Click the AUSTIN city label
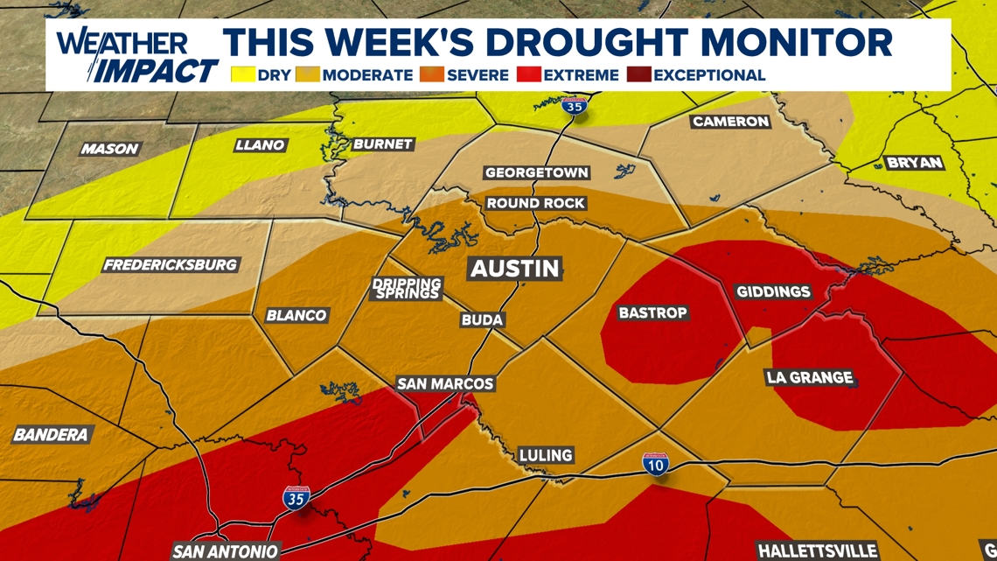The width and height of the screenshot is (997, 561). click(x=515, y=268)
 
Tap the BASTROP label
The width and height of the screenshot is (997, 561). click(x=652, y=312)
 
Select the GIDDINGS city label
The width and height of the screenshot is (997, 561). click(x=773, y=291)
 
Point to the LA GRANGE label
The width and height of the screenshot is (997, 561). click(x=809, y=377)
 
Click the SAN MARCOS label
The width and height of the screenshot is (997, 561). click(x=445, y=383)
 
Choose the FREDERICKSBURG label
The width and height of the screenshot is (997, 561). click(x=171, y=264)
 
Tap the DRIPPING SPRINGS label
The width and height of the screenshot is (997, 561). click(x=407, y=289)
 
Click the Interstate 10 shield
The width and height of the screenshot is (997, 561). click(x=656, y=464)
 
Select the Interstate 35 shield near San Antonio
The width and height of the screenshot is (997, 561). click(x=296, y=498)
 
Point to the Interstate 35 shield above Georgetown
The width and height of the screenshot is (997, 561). click(x=574, y=106)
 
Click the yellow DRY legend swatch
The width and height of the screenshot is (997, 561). click(x=242, y=74)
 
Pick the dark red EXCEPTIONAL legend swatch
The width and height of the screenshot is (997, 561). click(x=639, y=74)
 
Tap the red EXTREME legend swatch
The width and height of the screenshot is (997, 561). click(x=529, y=74)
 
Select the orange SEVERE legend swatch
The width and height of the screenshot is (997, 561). click(x=432, y=74)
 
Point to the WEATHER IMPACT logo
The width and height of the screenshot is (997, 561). click(x=136, y=56)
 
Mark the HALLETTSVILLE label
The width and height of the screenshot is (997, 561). click(x=817, y=551)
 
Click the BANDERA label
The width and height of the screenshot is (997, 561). click(x=51, y=434)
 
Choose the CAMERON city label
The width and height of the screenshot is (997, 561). click(x=730, y=122)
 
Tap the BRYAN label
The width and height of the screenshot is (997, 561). click(x=915, y=163)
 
